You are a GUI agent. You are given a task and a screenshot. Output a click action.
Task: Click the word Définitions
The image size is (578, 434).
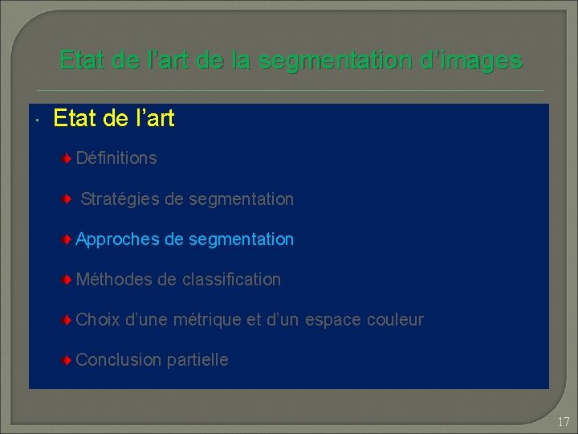coord(116,158)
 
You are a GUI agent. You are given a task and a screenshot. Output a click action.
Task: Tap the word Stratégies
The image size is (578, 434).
coord(120,199)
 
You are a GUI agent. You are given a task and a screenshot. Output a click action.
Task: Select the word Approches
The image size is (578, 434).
coord(116,240)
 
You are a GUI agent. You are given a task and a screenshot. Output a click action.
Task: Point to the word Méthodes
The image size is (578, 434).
coord(114,280)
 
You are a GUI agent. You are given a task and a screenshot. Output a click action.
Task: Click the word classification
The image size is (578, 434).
coord(231,280)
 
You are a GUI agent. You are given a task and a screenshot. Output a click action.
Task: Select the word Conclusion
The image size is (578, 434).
coord(119,360)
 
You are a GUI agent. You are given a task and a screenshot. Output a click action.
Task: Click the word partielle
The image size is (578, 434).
coord(197,360)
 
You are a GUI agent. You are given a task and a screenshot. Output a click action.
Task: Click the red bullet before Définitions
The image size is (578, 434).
coord(69,158)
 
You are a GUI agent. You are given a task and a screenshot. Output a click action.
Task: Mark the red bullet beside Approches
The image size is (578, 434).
coord(69,240)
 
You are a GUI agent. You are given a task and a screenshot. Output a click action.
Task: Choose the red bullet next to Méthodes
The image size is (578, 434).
coord(69,280)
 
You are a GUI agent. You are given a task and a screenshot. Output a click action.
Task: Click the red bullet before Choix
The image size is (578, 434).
coord(69,320)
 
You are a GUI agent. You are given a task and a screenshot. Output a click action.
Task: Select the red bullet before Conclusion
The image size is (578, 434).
coord(69,360)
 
